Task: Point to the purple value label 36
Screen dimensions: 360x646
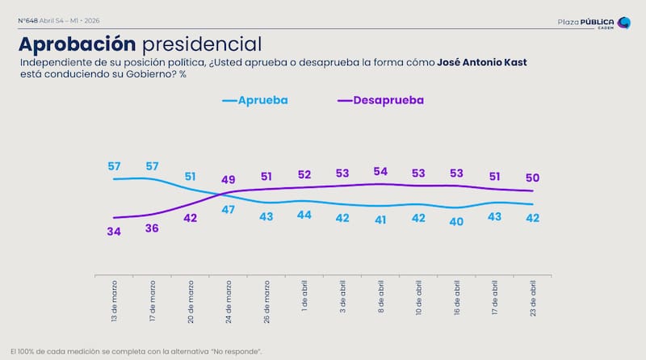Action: tap(151, 229)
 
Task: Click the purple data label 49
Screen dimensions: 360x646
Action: tap(229, 180)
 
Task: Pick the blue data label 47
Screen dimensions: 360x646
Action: tap(229, 209)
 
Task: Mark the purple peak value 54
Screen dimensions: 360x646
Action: tap(381, 171)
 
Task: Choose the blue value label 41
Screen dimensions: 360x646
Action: tap(381, 220)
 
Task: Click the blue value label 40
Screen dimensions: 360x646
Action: tap(458, 222)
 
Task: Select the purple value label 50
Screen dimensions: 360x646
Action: tap(534, 178)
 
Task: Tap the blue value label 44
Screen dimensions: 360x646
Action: tap(305, 215)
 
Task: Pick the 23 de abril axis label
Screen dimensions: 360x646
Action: tap(534, 299)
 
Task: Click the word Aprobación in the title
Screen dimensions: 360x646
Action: tap(77, 44)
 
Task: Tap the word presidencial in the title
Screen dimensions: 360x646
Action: tap(200, 44)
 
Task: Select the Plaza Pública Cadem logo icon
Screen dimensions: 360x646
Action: tap(623, 22)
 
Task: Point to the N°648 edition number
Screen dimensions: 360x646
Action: tap(29, 19)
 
